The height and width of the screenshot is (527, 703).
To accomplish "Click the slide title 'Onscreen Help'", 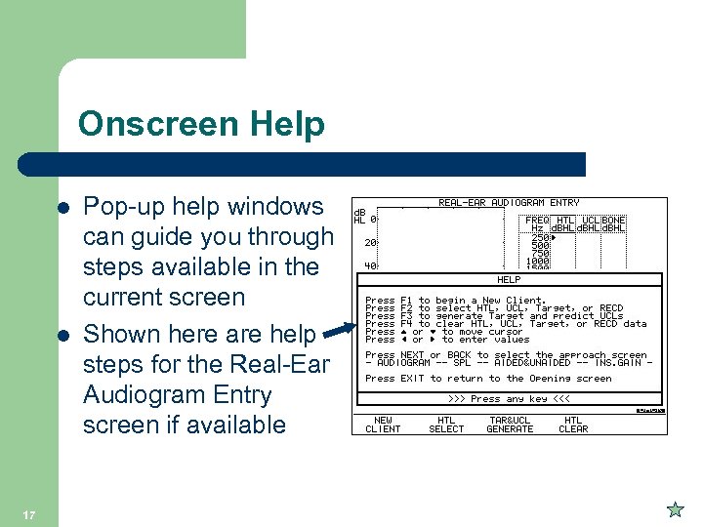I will (201, 124).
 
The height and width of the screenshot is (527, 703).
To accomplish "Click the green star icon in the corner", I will (675, 508).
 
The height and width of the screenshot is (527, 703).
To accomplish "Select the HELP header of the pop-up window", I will (509, 279).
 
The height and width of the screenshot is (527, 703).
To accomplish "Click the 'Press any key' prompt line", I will (509, 398).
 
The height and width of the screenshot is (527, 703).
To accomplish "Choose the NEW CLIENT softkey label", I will (383, 425).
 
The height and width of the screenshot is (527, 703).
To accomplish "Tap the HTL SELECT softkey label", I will (446, 425).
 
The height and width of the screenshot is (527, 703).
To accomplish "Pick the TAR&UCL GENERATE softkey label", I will (510, 425).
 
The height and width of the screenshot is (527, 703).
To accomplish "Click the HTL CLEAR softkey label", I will (573, 425).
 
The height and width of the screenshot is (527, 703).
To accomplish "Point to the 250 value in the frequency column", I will (540, 237).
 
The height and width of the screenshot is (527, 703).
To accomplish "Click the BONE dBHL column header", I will (614, 223).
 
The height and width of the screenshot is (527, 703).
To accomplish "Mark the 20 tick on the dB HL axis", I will (371, 242).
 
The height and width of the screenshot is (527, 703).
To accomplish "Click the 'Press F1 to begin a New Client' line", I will (455, 301).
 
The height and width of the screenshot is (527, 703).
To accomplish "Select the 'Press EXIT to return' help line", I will (488, 378).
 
